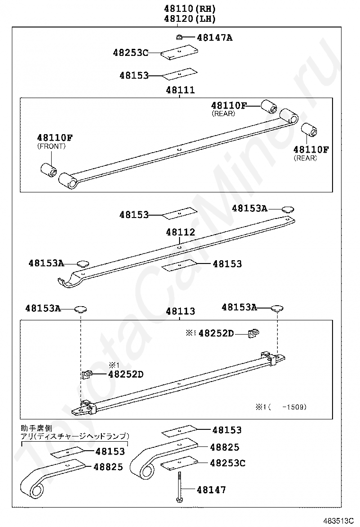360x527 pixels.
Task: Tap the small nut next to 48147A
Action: (179, 37)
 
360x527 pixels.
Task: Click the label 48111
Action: (180, 90)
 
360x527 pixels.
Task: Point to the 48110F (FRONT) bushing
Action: (48, 169)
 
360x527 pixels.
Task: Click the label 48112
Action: (180, 232)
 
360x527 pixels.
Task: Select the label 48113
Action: (180, 311)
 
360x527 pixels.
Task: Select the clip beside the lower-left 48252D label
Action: (87, 374)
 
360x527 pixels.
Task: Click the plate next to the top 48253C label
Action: (179, 53)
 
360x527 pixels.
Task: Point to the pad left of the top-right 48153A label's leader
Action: (287, 209)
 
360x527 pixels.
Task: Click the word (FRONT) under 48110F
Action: (51, 146)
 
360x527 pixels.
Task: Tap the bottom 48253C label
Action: (227, 463)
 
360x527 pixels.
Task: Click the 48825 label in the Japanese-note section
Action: (108, 467)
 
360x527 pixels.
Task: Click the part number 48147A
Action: (215, 37)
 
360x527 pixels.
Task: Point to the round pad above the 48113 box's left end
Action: (81, 309)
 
